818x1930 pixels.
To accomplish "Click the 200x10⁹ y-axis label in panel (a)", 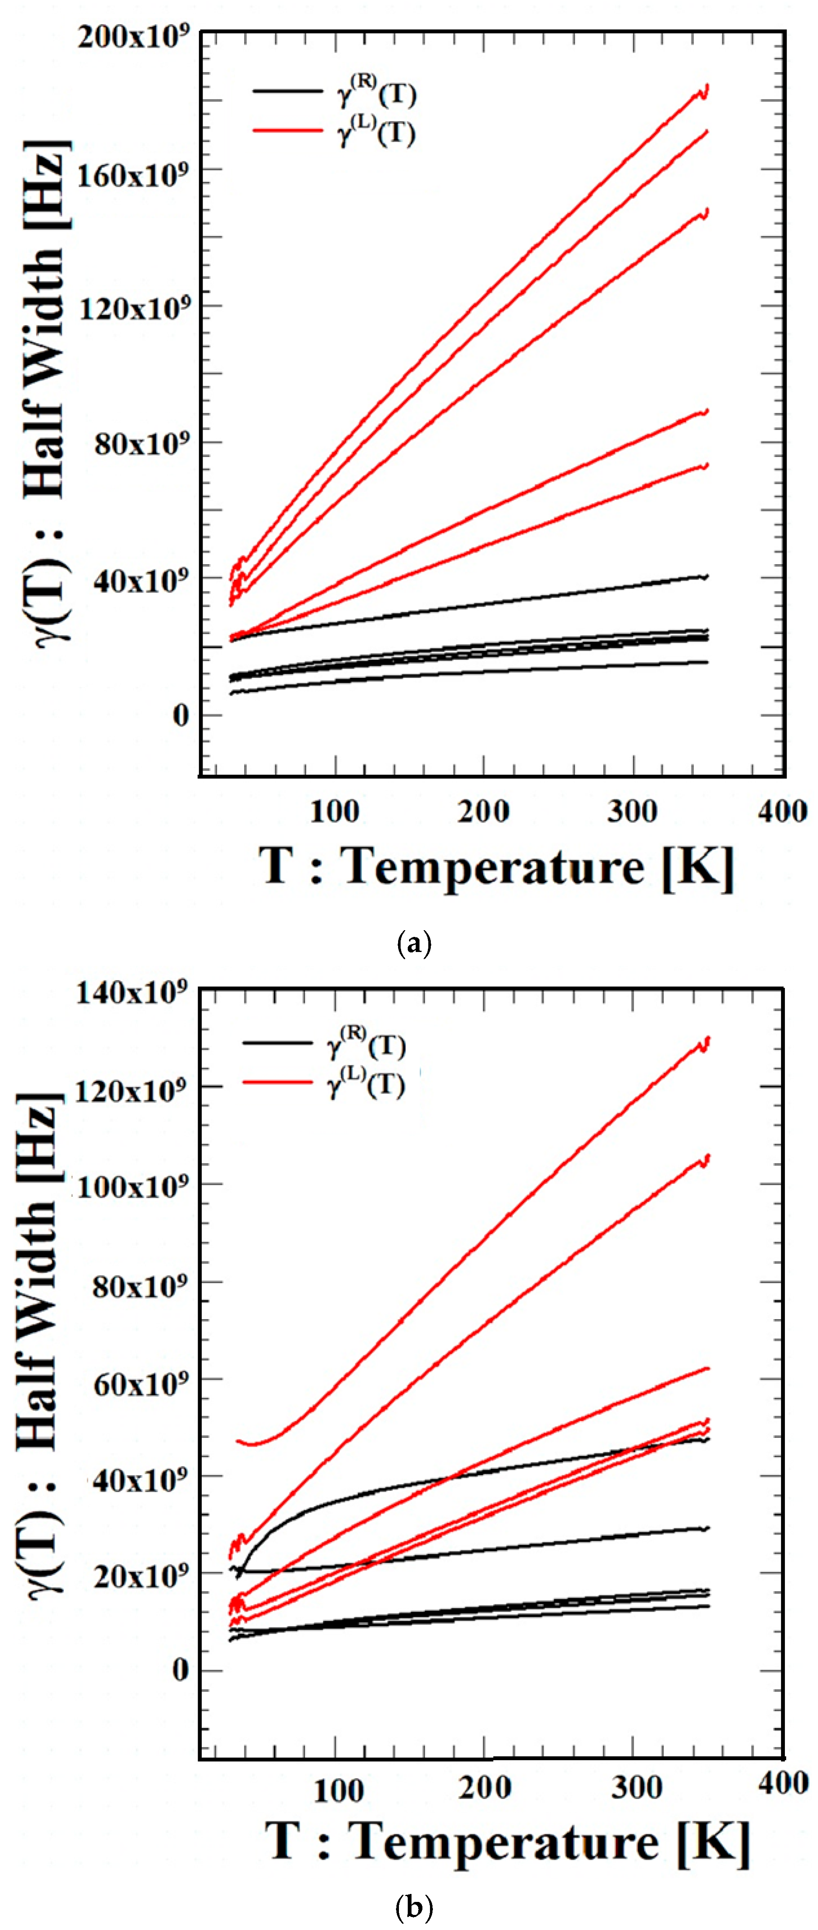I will pos(133,36).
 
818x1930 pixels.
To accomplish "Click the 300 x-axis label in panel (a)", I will pos(632,812).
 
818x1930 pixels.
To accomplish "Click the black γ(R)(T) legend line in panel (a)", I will pos(287,91).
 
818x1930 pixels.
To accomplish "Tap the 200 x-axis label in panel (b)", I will pos(485,1787).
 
